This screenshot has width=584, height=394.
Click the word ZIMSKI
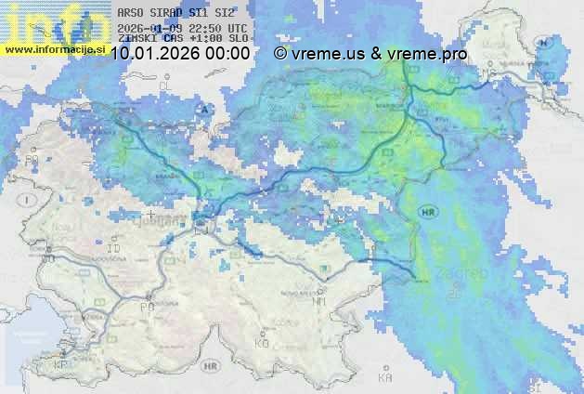[136, 40]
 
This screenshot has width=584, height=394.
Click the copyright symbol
[280, 54]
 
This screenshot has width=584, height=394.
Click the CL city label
[167, 85]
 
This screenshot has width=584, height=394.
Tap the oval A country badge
[205, 109]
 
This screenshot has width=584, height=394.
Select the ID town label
[114, 249]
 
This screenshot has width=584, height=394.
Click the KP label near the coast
[61, 365]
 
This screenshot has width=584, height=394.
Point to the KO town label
[262, 343]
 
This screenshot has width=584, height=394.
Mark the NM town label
[319, 301]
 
